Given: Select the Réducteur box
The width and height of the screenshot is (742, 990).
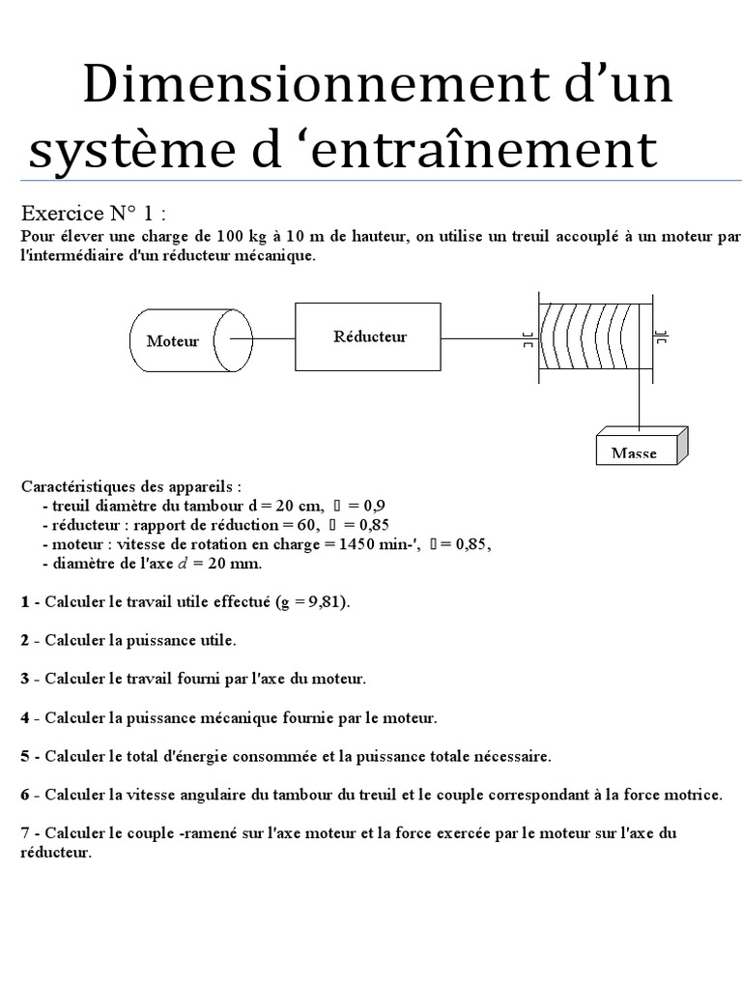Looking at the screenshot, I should point(368,336).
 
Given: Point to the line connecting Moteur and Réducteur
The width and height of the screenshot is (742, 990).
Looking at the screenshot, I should point(273,338).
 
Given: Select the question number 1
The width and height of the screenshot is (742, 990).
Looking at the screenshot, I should point(25,602).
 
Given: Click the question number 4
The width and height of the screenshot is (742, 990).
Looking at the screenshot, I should point(25,717).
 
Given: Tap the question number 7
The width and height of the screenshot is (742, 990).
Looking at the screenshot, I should point(25,833).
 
